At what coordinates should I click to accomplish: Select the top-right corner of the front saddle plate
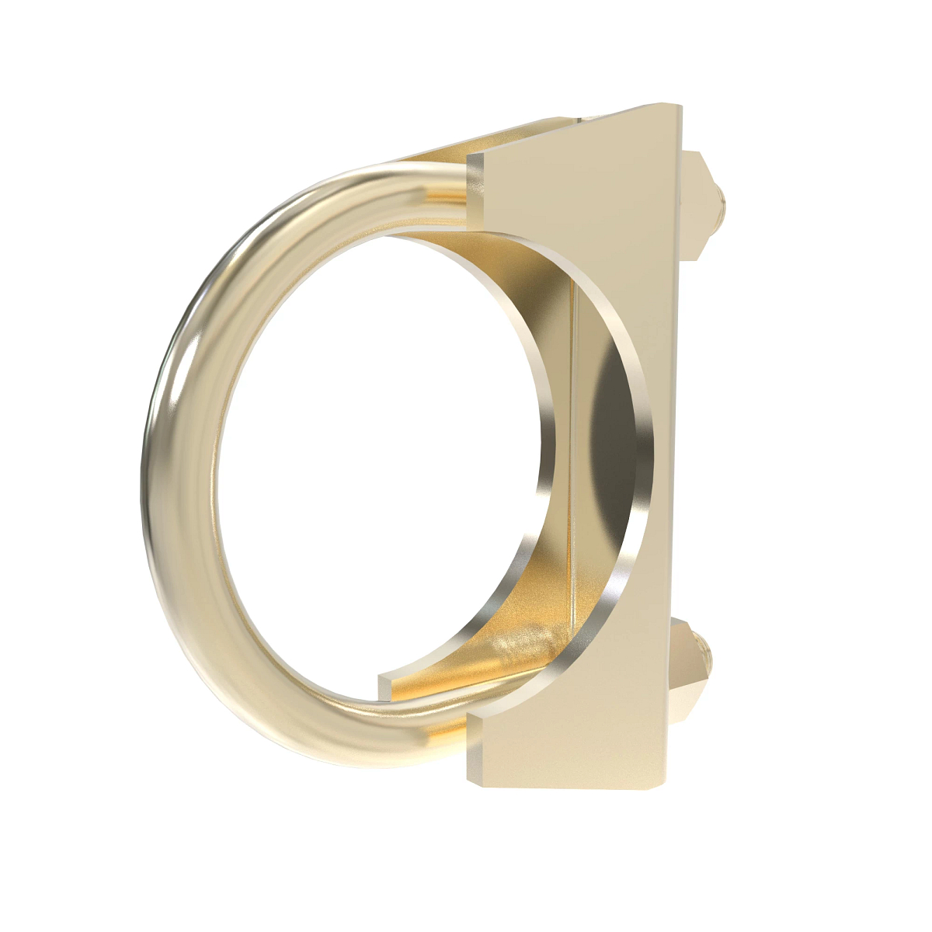click(x=679, y=109)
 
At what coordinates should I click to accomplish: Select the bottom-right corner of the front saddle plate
click(x=663, y=784)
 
